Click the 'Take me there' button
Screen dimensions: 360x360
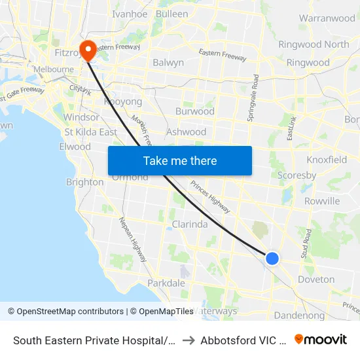[180, 160]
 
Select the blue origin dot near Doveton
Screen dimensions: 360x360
[272, 259]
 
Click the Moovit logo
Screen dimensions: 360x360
[321, 339]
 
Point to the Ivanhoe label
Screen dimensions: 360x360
[130, 14]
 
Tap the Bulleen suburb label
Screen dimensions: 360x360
[172, 14]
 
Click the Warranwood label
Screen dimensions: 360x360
[327, 18]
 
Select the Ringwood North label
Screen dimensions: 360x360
[314, 45]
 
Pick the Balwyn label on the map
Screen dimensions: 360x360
[168, 63]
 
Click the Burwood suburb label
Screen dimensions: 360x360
[194, 111]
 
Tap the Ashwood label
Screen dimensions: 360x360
[186, 132]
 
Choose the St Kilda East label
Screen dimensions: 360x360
[90, 132]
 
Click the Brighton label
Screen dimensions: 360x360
[85, 182]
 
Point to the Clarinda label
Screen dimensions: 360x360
[189, 224]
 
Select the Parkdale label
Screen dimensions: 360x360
[166, 283]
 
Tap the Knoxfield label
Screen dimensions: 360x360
[327, 160]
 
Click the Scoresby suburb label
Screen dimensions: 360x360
[297, 175]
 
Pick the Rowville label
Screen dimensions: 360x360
[322, 201]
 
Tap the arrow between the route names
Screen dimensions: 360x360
[187, 340]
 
